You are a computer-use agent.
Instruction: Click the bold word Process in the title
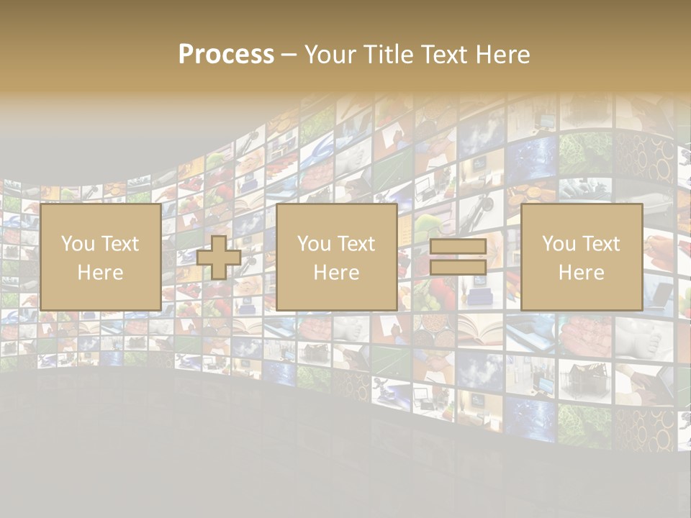pyautogui.click(x=226, y=55)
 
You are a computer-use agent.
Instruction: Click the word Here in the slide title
pyautogui.click(x=502, y=55)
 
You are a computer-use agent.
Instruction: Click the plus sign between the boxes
pyautogui.click(x=219, y=258)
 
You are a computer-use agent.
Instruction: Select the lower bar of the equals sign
pyautogui.click(x=458, y=268)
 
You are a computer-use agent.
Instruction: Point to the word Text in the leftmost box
pyautogui.click(x=119, y=244)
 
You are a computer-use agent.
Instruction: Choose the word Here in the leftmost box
pyautogui.click(x=100, y=273)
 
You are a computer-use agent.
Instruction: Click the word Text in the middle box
pyautogui.click(x=356, y=244)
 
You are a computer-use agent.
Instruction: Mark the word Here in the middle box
pyautogui.click(x=336, y=273)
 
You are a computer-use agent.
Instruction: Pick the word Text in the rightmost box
pyautogui.click(x=600, y=244)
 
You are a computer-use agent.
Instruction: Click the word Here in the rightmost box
pyautogui.click(x=581, y=273)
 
